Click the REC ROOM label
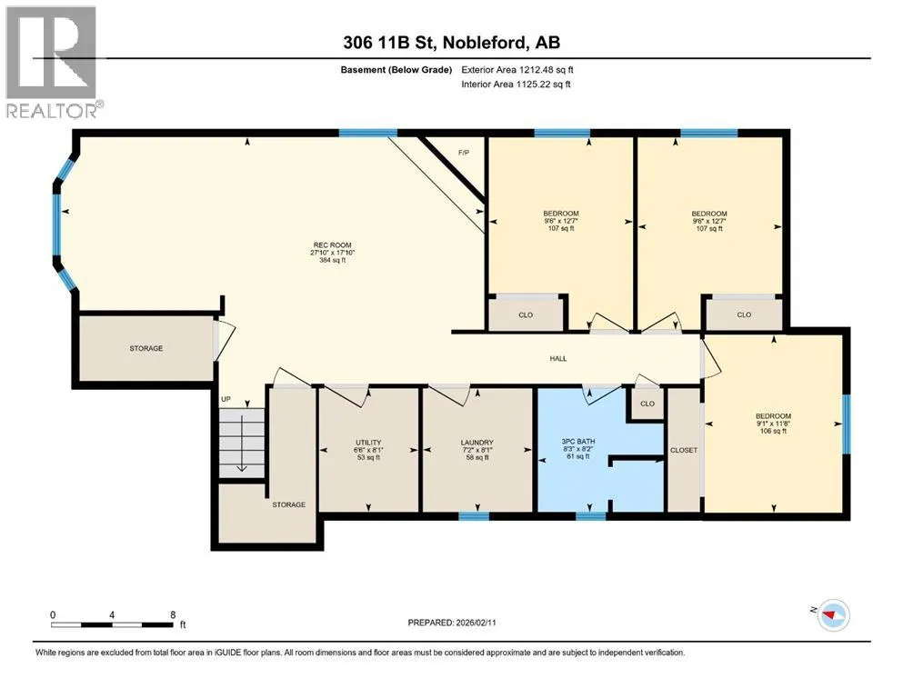332,244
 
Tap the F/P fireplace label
464,153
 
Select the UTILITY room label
368,443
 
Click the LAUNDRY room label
477,443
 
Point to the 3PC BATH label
578,442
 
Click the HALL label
558,358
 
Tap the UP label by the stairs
226,399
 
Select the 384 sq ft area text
332,260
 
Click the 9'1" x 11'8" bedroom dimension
774,424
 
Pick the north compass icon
833,615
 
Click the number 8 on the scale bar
173,614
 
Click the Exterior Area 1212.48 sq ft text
517,70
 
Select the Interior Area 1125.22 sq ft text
516,84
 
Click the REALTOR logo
53,62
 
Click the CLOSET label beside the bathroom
684,450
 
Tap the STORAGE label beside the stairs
288,504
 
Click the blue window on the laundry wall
474,516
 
